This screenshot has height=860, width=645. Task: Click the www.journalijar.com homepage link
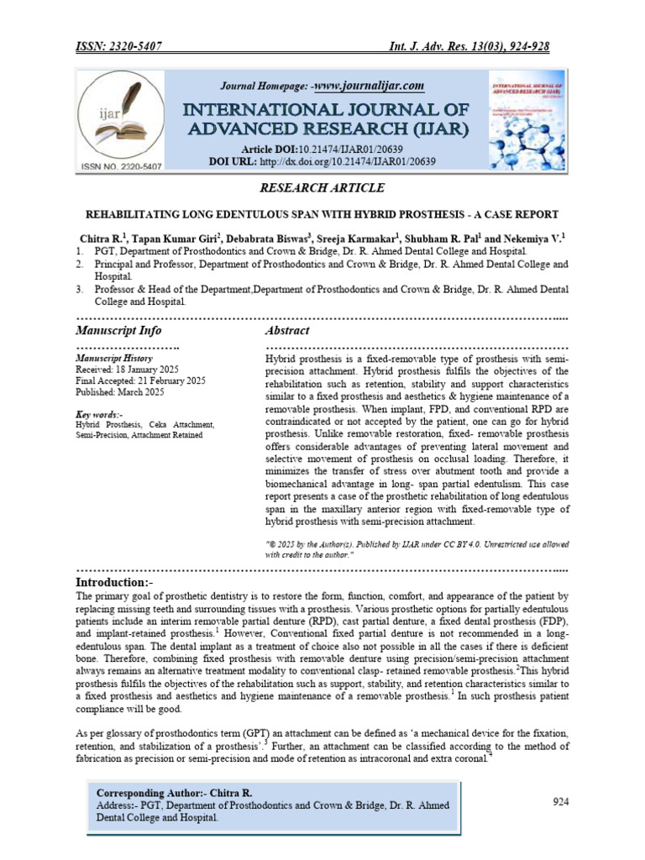coord(370,86)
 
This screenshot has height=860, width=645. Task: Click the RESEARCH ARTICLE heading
coord(322,187)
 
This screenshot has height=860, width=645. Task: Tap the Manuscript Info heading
coord(118,331)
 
